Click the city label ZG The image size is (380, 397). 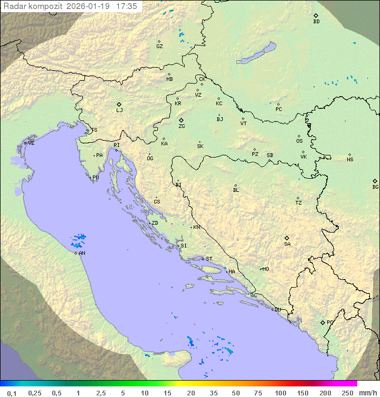[x=182, y=126]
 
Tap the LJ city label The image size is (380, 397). [x=119, y=110]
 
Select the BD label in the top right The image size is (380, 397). [x=316, y=22]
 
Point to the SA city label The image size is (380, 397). [x=287, y=244]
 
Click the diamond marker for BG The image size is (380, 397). [x=375, y=181]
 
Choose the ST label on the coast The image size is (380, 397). [x=209, y=259]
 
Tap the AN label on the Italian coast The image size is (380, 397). [x=82, y=253]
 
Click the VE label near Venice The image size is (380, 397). [x=31, y=143]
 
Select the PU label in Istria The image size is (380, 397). [x=96, y=178]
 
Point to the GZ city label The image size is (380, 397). [x=159, y=47]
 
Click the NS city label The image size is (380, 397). [x=350, y=160]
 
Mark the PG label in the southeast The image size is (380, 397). [x=330, y=322]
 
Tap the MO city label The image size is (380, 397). [x=265, y=269]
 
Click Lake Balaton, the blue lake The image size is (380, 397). [x=256, y=53]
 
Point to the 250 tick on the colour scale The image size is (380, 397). [x=347, y=393]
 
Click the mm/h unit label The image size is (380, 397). [x=367, y=393]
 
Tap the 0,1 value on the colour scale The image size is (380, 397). [x=12, y=393]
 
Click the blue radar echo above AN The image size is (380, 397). [x=79, y=241]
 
